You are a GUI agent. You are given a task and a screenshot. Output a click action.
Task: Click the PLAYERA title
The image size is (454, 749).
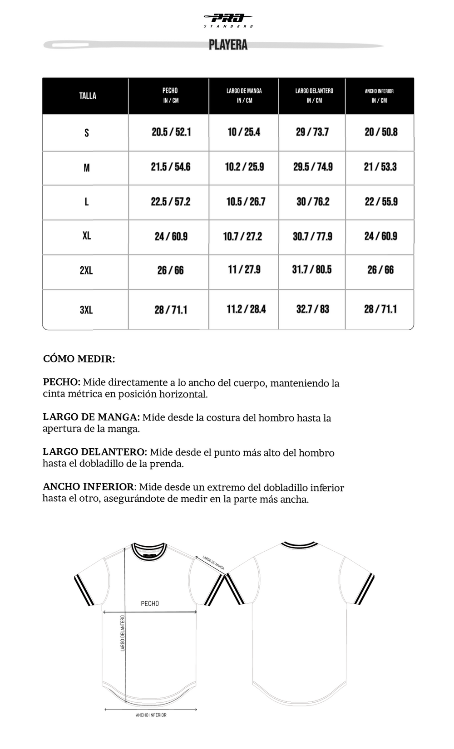[x=228, y=45]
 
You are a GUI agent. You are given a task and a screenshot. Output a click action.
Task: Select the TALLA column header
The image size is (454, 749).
[x=88, y=96]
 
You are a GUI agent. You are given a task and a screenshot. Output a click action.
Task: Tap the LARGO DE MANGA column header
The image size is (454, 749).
[x=244, y=95]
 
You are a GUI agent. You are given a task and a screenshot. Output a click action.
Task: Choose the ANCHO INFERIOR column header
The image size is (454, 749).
[x=379, y=95]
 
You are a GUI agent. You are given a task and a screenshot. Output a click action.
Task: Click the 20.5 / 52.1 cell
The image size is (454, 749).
[x=171, y=132]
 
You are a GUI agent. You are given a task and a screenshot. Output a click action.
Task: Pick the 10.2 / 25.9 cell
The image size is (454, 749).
[x=244, y=167]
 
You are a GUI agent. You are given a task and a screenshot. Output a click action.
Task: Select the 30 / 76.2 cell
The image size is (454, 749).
[x=313, y=201]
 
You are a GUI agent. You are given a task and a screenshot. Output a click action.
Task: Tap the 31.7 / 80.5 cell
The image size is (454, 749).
[x=312, y=269]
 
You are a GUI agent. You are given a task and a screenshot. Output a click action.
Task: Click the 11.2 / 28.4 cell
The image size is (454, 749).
[x=246, y=309]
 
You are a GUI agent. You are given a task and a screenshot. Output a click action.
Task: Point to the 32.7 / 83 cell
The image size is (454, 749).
[x=312, y=309]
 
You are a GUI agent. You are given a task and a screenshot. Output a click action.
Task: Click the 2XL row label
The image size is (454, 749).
[x=86, y=270]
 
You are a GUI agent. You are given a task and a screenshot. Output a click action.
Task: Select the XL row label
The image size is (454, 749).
[x=87, y=236]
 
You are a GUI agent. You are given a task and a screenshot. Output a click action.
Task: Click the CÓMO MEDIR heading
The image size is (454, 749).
[x=79, y=359]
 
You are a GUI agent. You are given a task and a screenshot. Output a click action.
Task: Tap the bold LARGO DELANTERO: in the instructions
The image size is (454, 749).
[x=95, y=452]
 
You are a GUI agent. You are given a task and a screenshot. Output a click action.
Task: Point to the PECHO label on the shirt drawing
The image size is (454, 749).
[x=150, y=603]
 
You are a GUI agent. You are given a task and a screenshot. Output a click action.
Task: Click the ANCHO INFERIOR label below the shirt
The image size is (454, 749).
[x=151, y=715]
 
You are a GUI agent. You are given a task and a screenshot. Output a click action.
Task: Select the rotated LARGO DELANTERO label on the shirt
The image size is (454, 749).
[x=123, y=633]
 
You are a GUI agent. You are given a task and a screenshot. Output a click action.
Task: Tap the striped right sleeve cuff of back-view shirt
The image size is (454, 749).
[x=365, y=589]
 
